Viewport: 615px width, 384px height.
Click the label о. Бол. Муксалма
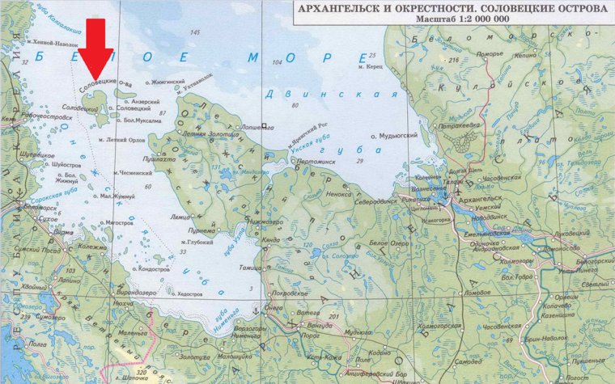point(142,121)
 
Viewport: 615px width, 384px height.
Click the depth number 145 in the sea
point(194,32)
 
